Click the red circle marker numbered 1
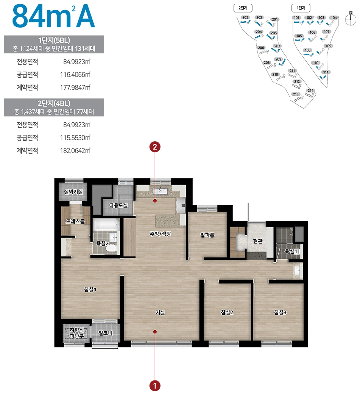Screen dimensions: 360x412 click(155, 386)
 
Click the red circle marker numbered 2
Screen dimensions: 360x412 click(155, 147)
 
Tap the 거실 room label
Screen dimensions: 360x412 click(160, 312)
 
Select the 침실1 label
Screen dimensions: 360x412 click(90, 289)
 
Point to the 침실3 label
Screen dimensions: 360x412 click(280, 312)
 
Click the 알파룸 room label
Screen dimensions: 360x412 click(207, 235)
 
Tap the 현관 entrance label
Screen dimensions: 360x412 click(257, 241)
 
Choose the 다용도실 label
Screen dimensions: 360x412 click(118, 205)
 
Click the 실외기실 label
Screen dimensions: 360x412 click(73, 192)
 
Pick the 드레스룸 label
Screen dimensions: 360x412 click(75, 222)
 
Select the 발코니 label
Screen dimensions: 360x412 click(106, 333)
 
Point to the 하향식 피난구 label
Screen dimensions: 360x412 click(76, 333)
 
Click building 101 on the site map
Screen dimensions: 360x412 click(296, 17)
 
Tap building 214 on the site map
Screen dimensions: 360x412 click(311, 91)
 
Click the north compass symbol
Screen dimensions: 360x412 click(351, 19)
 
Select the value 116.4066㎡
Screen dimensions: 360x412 click(75, 75)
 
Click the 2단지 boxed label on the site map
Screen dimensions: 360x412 click(243, 8)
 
